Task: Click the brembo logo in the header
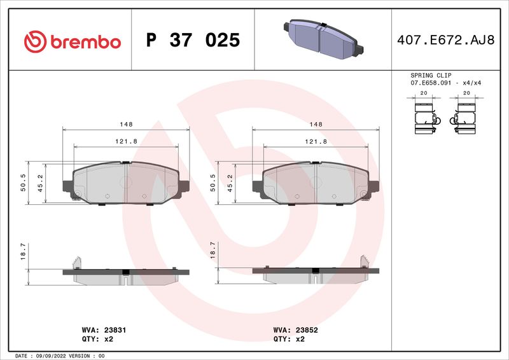pos(72,41)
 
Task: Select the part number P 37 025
pos(193,41)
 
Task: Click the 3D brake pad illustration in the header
pos(321,39)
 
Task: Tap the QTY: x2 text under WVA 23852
pos(289,340)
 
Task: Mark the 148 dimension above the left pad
pos(127,124)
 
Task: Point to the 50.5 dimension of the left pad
pos(23,183)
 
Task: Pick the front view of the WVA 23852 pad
pos(316,184)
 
